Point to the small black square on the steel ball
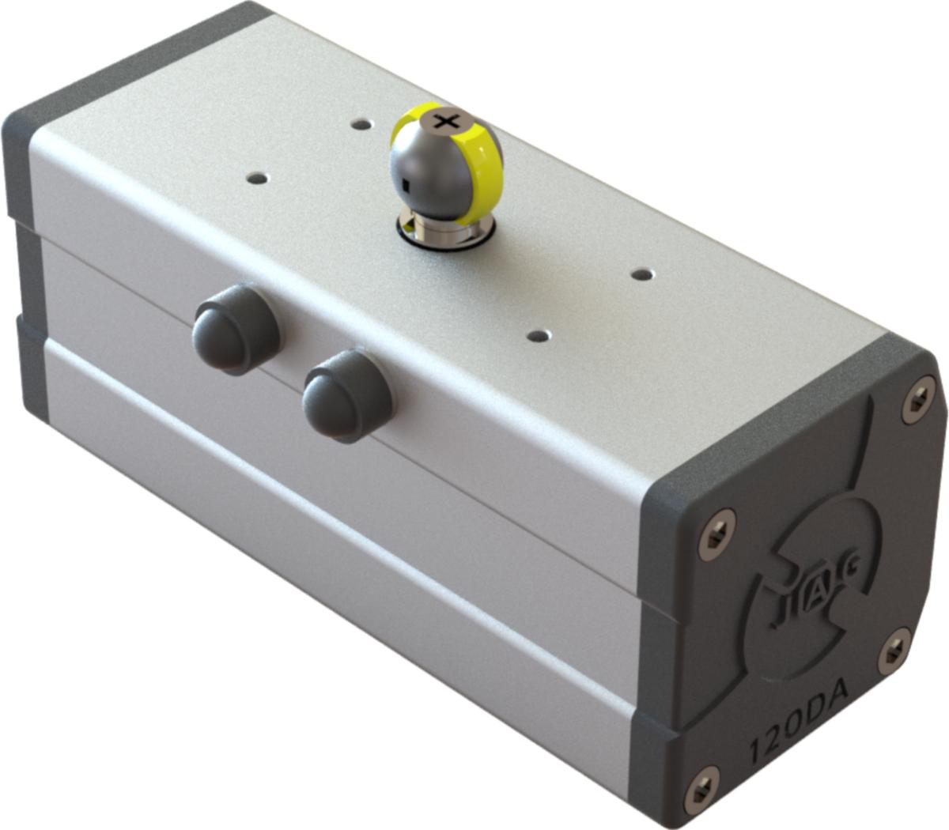pyautogui.click(x=404, y=185)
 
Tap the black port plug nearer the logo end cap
pyautogui.click(x=347, y=395)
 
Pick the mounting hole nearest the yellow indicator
pyautogui.click(x=361, y=125)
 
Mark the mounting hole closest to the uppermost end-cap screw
pyautogui.click(x=643, y=274)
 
